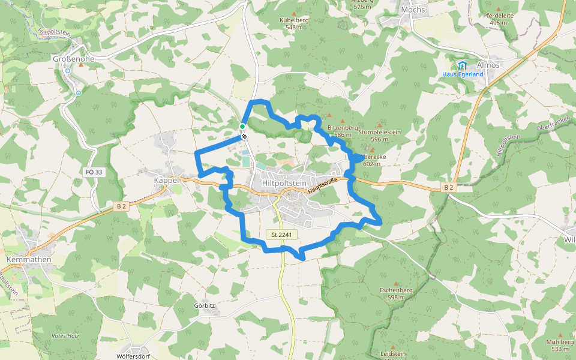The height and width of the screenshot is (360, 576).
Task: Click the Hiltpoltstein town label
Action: (x=284, y=183)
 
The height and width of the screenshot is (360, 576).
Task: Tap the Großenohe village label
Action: (x=74, y=59)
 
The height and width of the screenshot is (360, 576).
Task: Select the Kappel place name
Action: (x=167, y=180)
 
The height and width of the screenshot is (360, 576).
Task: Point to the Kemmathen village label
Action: (x=28, y=259)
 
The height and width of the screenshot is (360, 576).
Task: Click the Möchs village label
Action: (x=413, y=10)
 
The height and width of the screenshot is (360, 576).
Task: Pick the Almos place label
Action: (x=488, y=65)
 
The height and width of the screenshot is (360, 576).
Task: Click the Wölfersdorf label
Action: (x=133, y=356)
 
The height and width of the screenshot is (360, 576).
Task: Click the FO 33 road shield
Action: (x=94, y=172)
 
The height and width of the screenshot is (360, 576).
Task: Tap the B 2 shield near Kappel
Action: (x=122, y=206)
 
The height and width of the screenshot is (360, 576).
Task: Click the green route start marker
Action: (x=242, y=127)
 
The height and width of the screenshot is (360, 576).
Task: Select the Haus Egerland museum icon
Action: (x=461, y=65)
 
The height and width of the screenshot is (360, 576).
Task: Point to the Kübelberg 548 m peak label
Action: (x=294, y=23)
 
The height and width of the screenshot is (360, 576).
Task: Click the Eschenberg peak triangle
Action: (x=396, y=283)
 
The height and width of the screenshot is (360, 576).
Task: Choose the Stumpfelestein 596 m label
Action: (x=380, y=135)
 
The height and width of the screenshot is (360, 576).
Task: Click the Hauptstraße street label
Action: (x=324, y=184)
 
